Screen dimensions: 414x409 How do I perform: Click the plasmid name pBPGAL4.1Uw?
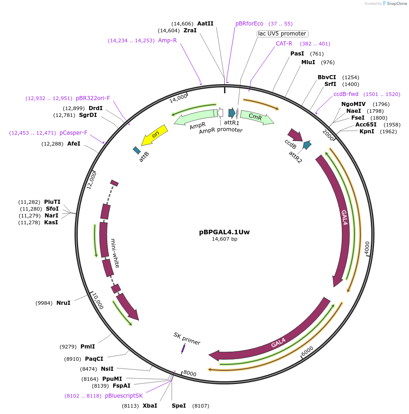(224, 232)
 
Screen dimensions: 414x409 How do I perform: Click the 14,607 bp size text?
(224, 239)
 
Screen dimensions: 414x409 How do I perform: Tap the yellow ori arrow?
(155, 135)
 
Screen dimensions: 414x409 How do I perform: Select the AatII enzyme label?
(205, 24)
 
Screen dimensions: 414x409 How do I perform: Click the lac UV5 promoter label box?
(282, 34)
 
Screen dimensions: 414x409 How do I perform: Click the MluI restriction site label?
(308, 62)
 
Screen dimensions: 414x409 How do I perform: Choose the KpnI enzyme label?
(366, 132)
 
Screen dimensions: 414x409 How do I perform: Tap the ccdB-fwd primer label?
(346, 94)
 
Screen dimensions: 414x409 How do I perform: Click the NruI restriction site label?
(64, 303)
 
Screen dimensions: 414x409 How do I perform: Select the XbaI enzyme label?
(150, 405)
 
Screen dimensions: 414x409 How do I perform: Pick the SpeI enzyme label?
(179, 405)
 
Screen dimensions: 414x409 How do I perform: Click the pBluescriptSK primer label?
(124, 396)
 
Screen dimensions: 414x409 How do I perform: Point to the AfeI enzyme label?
(74, 144)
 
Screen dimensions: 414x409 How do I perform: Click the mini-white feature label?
(114, 252)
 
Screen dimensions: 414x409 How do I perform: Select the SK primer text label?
(187, 338)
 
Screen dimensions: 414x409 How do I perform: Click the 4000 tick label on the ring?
(367, 246)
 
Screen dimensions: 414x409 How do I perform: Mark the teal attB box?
(137, 150)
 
